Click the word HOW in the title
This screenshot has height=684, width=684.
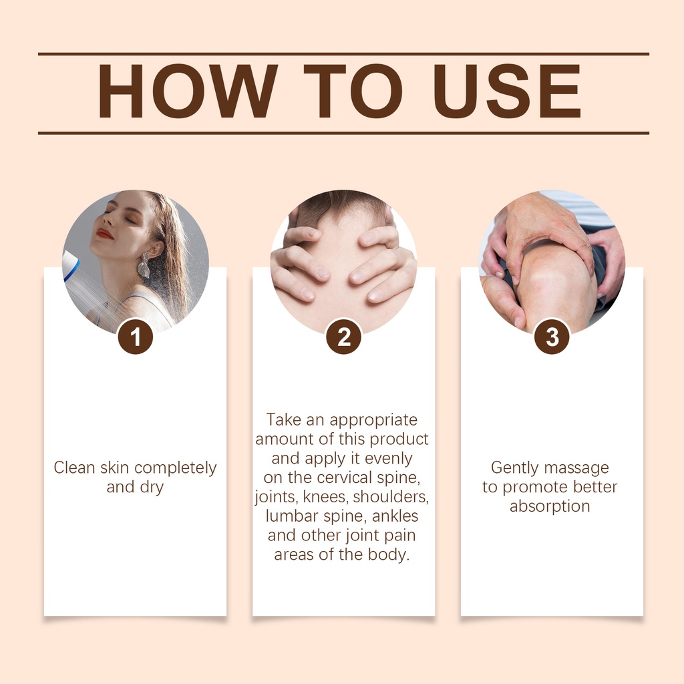188,91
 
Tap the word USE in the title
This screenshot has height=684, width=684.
508,91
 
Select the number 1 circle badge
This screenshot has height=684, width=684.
135,337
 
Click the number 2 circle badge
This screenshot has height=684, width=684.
344,337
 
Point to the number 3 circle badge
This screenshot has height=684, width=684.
552,337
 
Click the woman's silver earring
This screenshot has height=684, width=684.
144,265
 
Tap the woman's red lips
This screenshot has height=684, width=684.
104,234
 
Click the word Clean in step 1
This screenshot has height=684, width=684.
74,468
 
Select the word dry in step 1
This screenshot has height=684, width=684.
152,488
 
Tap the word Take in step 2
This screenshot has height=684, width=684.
284,419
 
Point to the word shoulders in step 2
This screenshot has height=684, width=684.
391,497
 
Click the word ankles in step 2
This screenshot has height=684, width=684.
395,516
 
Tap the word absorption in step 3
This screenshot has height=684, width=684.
550,506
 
